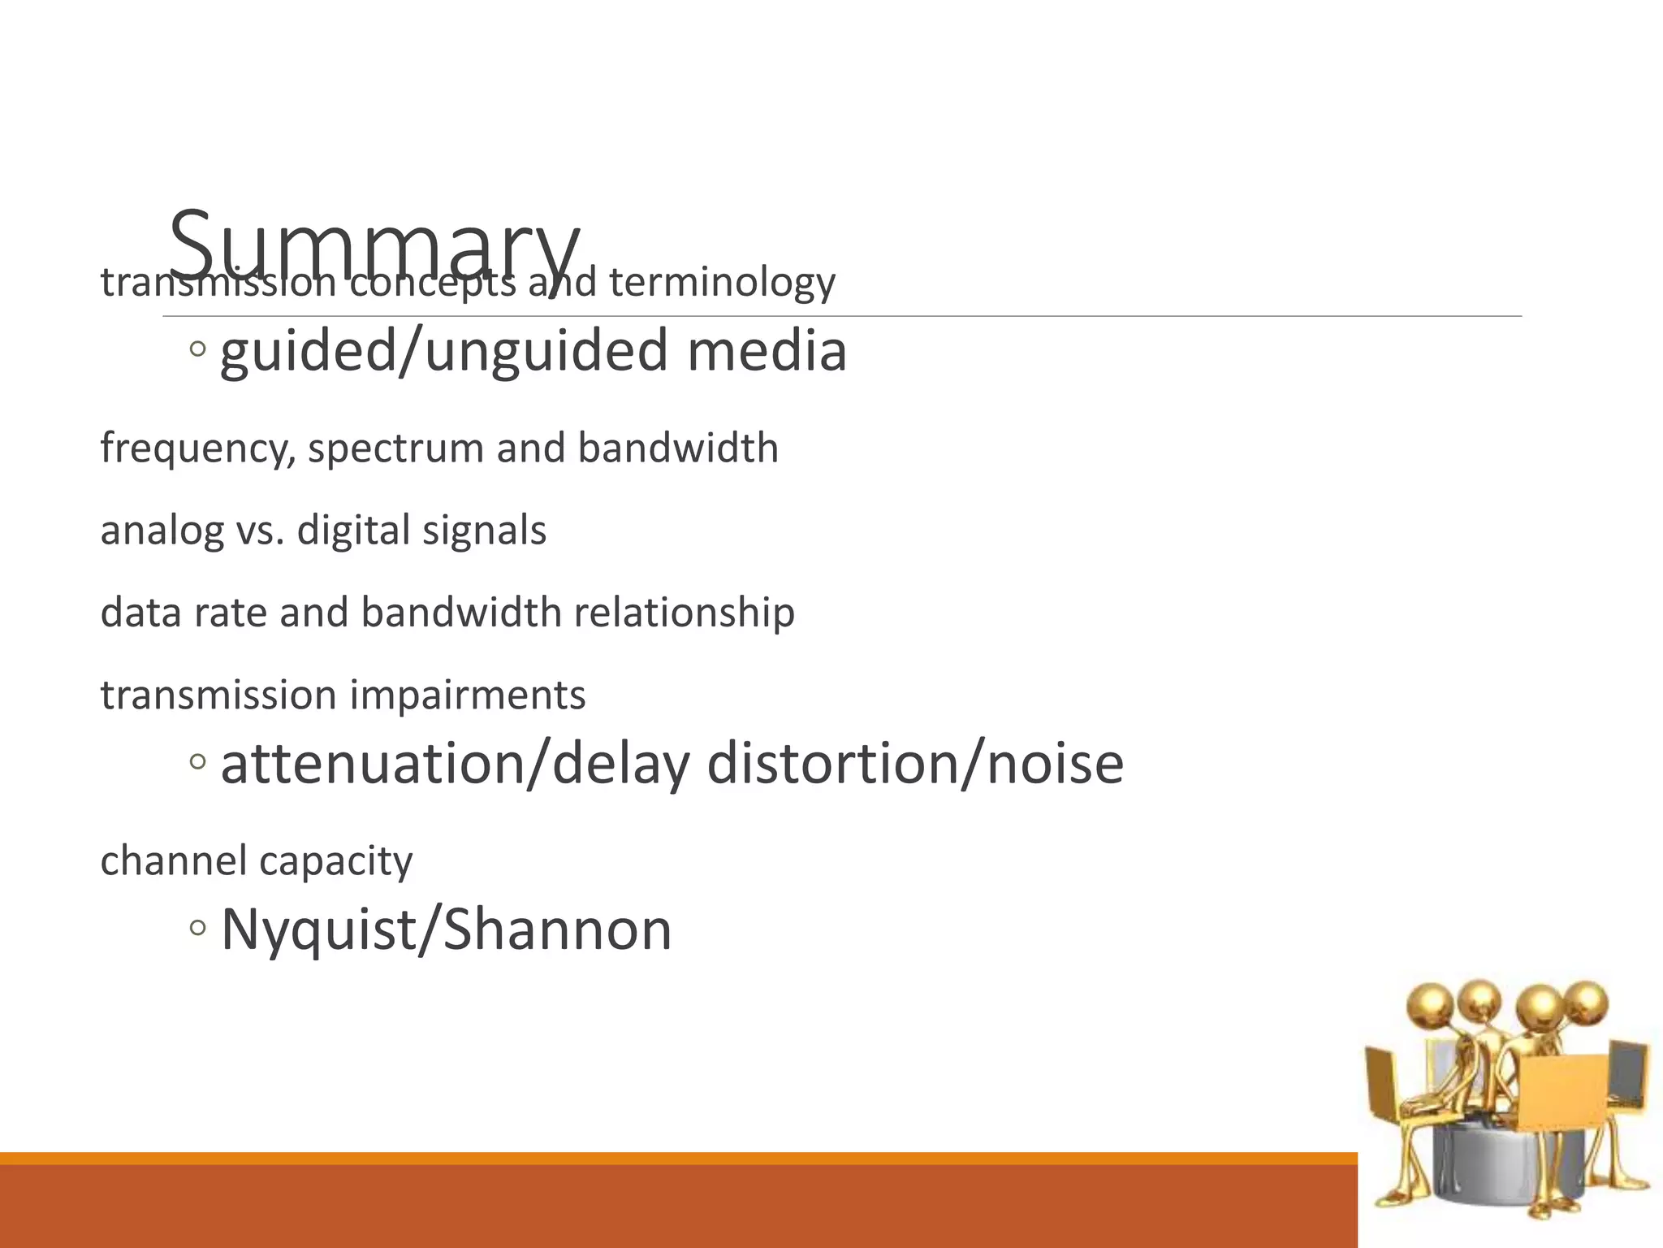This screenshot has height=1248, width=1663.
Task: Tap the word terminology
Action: pos(722,282)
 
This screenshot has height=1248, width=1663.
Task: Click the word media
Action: pos(767,351)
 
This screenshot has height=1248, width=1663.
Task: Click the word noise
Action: pos(1055,764)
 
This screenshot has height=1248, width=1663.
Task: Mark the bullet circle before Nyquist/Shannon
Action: pos(197,927)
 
